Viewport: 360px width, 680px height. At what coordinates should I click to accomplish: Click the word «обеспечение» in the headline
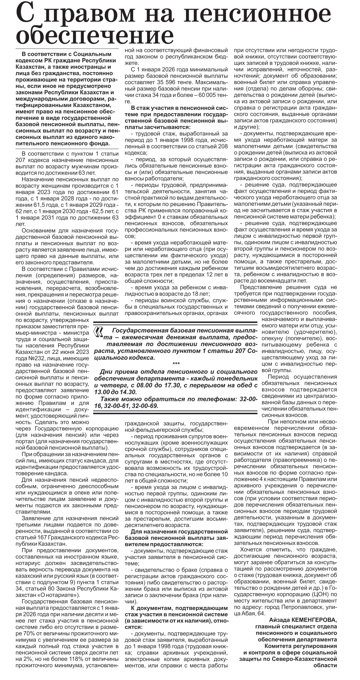94,35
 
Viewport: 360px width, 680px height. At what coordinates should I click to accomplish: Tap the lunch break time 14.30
130,392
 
